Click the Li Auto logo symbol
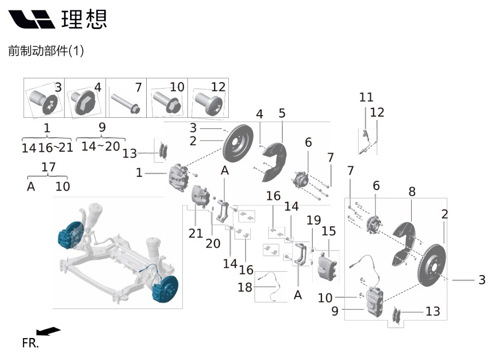(31, 19)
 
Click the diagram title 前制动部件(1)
(46, 50)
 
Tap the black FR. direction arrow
(48, 331)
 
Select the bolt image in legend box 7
(125, 103)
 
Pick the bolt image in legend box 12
(208, 103)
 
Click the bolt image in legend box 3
(43, 101)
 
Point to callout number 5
(281, 113)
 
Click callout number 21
(195, 233)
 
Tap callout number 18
(245, 287)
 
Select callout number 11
(366, 97)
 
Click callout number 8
(412, 192)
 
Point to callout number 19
(313, 220)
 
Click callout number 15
(329, 231)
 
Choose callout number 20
(213, 244)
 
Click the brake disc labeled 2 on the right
(431, 265)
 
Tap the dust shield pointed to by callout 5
(274, 162)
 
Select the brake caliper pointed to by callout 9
(374, 302)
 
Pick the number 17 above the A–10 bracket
(48, 167)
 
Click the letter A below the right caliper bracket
(298, 295)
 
